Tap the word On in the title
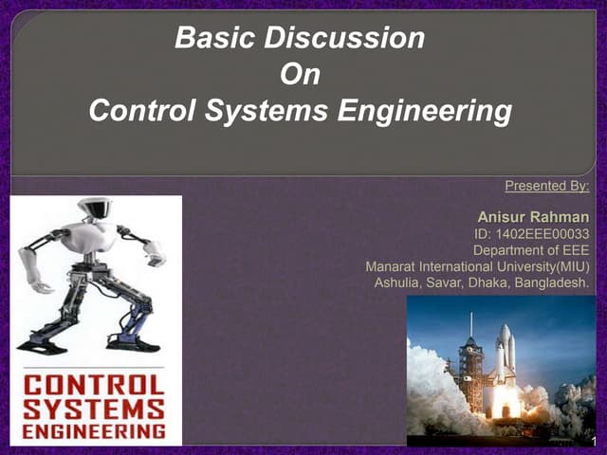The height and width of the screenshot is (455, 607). (300, 75)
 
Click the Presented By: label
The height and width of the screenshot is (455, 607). (547, 186)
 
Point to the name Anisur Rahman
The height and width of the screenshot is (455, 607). (533, 219)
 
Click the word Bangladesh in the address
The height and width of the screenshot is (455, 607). (554, 283)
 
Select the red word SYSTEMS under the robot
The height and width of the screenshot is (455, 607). (95, 410)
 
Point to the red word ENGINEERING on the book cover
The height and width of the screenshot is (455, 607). (95, 431)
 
